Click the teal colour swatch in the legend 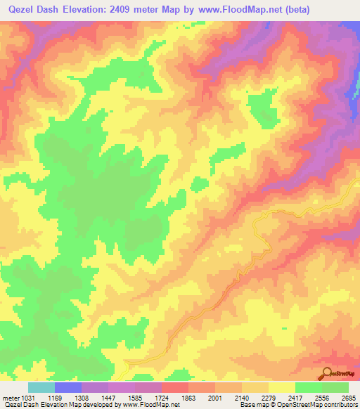click(41, 387)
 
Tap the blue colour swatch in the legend click(68, 387)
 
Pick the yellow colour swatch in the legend click(281, 387)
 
